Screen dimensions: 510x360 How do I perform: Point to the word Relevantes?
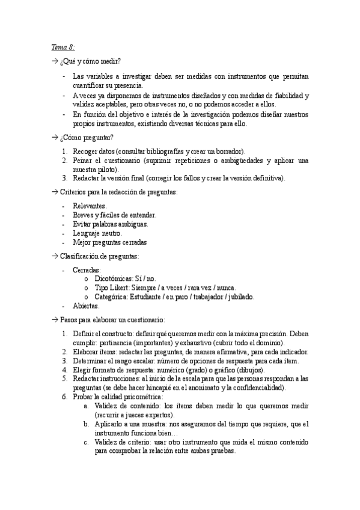coord(90,206)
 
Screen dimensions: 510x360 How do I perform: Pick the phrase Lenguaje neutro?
coord(97,233)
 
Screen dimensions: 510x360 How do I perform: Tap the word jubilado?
coord(240,296)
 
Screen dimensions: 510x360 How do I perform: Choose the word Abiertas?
coord(85,306)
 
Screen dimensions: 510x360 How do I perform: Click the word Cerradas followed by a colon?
coord(87,270)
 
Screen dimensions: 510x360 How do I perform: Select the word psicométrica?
coord(145,397)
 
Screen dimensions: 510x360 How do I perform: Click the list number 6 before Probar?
coord(65,397)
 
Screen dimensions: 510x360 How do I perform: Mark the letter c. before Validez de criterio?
coord(87,442)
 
